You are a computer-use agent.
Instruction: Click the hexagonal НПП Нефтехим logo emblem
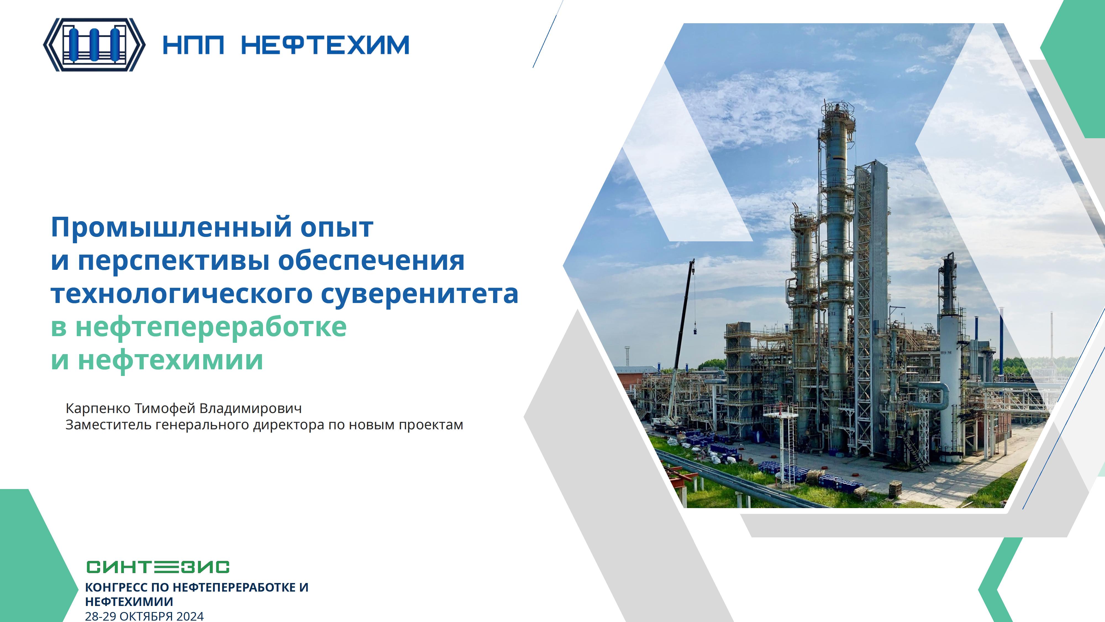(x=94, y=45)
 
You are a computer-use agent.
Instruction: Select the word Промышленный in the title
(x=172, y=228)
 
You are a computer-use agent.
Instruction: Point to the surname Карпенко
(x=99, y=408)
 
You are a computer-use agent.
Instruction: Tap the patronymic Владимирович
(x=251, y=408)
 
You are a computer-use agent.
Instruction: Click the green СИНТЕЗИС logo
(x=158, y=567)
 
